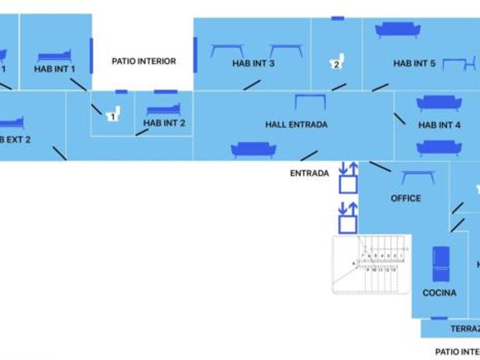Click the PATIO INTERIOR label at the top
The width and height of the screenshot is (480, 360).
point(143,61)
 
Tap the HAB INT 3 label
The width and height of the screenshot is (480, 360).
point(253,63)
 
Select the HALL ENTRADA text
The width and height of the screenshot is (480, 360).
point(296,124)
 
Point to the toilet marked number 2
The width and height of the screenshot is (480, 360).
point(337,62)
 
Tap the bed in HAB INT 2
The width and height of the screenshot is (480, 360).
point(163,109)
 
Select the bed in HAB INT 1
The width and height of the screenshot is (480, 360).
point(55,56)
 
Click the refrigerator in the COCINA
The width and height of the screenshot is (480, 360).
point(440,264)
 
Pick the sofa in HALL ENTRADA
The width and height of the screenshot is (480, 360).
point(254,150)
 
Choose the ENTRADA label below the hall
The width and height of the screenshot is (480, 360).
point(309,173)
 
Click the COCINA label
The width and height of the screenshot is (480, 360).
point(439,293)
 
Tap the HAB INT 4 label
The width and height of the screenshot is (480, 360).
point(439,125)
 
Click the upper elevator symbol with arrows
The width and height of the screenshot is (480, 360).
point(347,178)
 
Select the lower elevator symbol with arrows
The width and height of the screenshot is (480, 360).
point(347,217)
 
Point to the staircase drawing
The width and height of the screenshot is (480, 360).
point(371,264)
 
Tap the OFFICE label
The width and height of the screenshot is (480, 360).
point(406,198)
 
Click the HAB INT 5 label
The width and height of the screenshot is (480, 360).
point(414,63)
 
